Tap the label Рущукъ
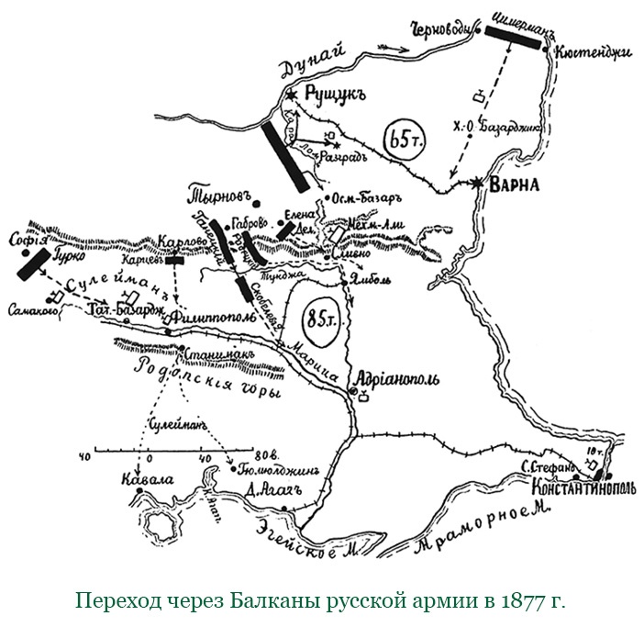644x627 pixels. tap(331, 94)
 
